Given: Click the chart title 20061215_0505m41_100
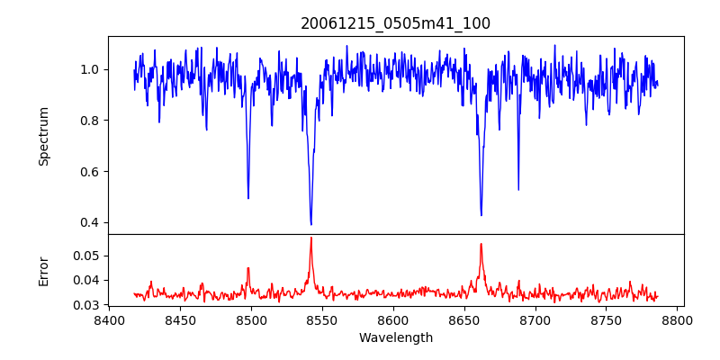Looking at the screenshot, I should tap(395, 23).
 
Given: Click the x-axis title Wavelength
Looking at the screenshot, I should tap(395, 338).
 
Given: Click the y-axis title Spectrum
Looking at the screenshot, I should tap(44, 136).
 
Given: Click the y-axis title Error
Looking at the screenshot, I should tap(44, 271).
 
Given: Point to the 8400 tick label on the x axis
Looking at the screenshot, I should tap(109, 319).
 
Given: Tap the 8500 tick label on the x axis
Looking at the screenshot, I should tap(251, 319).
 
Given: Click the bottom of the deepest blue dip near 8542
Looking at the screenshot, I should tap(310, 224).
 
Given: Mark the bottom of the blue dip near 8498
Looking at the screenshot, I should tap(248, 198).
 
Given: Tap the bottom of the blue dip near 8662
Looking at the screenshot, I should tap(481, 215).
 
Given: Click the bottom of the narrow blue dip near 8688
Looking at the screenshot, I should tap(518, 189).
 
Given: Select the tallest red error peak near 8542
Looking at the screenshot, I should tap(310, 238).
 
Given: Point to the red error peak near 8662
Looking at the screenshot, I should tap(481, 244).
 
